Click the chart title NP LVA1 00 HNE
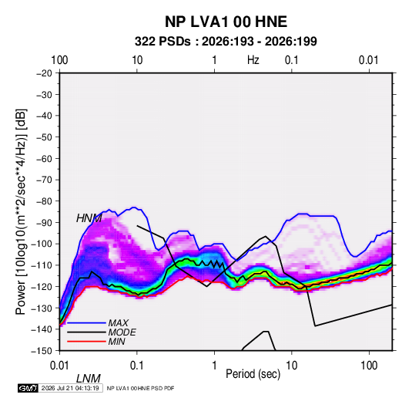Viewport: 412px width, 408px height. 226,22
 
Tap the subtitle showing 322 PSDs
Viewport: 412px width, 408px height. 226,42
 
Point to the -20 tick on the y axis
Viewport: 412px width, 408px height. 44,73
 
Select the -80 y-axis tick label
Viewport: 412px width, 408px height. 44,201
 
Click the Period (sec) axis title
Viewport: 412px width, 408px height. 253,374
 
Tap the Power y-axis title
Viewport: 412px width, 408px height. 21,211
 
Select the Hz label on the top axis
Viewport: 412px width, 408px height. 253,60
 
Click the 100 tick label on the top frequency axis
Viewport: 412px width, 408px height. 59,60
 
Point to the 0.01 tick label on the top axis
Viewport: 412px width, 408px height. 369,60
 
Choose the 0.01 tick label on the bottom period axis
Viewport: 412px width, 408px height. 59,366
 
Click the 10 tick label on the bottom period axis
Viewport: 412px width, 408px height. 291,366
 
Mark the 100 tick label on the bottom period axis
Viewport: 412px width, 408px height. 369,366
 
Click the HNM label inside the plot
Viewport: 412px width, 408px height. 89,218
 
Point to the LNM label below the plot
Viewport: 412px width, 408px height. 89,379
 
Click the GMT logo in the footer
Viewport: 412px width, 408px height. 28,388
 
